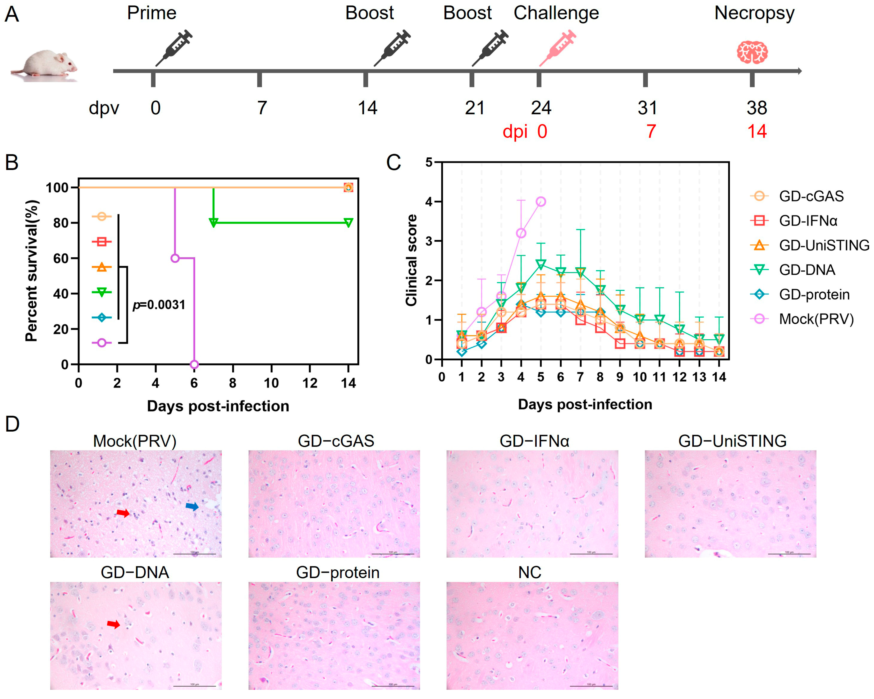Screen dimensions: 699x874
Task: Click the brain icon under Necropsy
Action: click(752, 52)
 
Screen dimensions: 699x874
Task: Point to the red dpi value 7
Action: click(651, 131)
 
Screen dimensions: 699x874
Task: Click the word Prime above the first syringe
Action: click(152, 13)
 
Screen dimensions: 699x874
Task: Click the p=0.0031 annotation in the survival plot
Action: click(159, 305)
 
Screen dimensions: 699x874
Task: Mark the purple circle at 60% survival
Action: click(175, 258)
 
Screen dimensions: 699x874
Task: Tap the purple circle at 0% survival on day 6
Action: click(194, 364)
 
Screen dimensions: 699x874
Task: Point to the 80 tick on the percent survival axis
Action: click(61, 223)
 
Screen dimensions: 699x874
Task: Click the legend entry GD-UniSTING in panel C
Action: click(824, 245)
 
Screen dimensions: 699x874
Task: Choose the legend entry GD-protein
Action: click(814, 294)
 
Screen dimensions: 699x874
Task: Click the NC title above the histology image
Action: click(529, 572)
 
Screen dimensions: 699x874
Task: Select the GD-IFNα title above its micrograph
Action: click(534, 441)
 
